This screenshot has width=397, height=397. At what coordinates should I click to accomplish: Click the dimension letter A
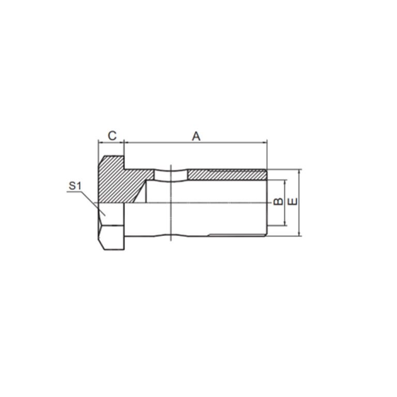tap(196, 136)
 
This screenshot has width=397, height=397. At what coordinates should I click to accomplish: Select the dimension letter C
tap(112, 136)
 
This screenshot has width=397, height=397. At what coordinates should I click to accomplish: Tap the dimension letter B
tap(278, 202)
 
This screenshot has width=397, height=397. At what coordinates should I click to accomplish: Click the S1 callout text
tap(75, 185)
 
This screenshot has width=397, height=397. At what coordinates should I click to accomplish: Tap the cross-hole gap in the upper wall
tap(171, 175)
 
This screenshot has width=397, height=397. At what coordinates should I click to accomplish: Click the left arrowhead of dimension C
tap(100, 142)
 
